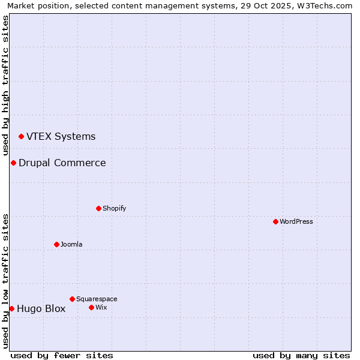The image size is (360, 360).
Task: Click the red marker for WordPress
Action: coord(275,221)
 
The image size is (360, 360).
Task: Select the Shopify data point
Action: coord(98,208)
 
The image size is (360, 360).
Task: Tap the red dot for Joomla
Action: coord(56,244)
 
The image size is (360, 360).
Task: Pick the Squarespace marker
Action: coord(72,299)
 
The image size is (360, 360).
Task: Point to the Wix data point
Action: coord(91,307)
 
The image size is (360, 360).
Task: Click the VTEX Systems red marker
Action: coord(21,136)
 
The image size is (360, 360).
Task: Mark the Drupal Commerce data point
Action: coord(13,163)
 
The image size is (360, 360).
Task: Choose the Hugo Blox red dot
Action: coord(11,308)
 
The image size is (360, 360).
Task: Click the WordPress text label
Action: coord(296,221)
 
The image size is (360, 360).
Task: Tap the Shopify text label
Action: coord(114,208)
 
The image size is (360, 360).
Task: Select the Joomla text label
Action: coord(71,244)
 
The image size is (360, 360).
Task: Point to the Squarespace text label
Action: coord(97,299)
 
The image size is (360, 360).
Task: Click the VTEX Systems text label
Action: coord(61,136)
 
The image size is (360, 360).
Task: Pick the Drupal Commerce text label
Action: coord(62,163)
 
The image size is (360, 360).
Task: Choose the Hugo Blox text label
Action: coord(41,309)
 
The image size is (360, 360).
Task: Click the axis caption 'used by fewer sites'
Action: coord(62,355)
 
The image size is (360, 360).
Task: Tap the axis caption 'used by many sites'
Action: coord(301,355)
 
